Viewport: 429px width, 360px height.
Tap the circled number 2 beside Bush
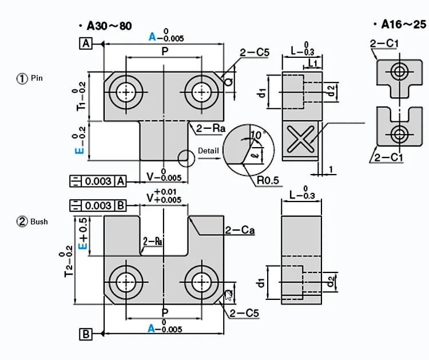tap(22, 221)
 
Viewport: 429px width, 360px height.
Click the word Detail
tap(209, 151)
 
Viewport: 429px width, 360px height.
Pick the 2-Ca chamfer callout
tap(240, 231)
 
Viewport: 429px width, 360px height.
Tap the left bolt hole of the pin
tap(124, 92)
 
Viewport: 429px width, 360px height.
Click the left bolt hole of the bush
tap(124, 282)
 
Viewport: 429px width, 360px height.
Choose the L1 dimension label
tap(313, 61)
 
